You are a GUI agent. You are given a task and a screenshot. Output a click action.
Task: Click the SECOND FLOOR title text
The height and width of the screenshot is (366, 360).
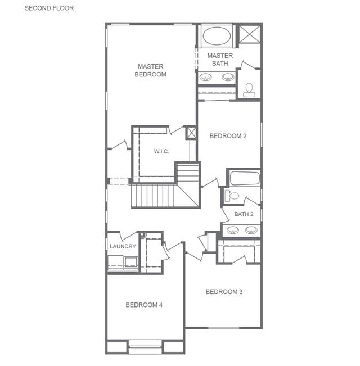click(x=49, y=8)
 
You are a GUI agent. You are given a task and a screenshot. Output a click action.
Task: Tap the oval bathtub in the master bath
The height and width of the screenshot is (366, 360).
click(x=217, y=36)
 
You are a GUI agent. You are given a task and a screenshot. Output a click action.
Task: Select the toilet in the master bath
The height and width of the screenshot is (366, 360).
click(x=249, y=90)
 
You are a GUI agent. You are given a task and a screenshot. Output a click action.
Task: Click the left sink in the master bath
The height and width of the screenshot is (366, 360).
click(x=206, y=77)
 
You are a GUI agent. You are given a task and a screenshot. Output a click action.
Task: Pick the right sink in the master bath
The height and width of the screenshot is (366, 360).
click(x=228, y=77)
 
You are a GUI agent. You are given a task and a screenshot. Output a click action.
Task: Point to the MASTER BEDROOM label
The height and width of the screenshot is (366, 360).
click(x=151, y=70)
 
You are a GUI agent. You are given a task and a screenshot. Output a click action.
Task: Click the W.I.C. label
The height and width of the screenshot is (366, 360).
click(x=161, y=151)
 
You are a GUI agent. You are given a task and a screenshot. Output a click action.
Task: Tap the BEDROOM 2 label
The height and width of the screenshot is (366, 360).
click(x=228, y=136)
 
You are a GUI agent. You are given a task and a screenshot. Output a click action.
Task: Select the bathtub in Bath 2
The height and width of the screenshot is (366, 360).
click(x=245, y=179)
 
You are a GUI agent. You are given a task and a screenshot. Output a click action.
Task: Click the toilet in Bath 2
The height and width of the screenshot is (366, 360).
click(x=232, y=196)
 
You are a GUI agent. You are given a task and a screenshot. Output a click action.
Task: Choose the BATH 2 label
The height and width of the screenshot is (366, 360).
click(x=244, y=214)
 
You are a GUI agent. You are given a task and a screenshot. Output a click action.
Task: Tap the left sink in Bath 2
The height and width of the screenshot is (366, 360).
click(x=233, y=230)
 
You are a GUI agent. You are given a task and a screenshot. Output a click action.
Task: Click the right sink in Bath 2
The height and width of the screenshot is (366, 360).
click(x=251, y=230)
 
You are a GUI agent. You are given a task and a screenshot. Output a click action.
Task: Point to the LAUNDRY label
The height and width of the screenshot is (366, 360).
click(x=123, y=246)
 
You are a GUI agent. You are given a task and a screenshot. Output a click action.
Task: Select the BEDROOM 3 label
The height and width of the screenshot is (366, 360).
click(x=224, y=292)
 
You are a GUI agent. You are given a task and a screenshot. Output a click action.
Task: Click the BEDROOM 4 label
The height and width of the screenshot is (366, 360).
click(x=144, y=305)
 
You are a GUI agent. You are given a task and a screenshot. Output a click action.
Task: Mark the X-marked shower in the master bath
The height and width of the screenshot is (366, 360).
click(x=250, y=34)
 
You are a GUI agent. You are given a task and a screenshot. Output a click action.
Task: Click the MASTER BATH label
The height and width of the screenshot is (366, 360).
click(x=220, y=60)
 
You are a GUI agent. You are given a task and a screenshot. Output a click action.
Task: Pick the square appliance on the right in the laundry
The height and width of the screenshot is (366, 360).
click(x=130, y=263)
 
